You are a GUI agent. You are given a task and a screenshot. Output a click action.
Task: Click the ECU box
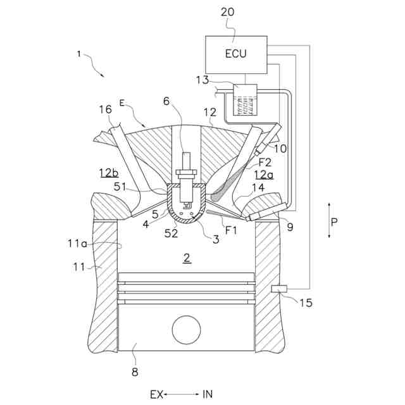[x=235, y=54]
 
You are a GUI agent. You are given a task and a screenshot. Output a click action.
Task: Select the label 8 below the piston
[x=134, y=371]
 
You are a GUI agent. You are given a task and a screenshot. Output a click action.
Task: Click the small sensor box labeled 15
[x=279, y=289]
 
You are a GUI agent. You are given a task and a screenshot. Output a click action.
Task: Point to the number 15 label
[x=306, y=302]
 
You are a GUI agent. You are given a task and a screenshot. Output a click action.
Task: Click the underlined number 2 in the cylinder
[x=186, y=258]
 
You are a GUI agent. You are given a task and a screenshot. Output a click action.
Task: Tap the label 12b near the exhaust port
[x=109, y=172]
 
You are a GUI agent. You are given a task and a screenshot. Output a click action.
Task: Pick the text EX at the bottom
[x=156, y=394]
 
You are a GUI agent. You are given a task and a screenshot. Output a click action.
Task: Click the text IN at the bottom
[x=208, y=394]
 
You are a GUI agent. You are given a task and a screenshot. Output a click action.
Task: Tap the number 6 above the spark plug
[x=166, y=101]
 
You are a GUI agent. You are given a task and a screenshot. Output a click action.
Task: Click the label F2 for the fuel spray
[x=265, y=162]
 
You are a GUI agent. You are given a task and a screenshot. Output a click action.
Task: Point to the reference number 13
[x=201, y=80]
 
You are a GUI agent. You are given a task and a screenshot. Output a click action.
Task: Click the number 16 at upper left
[x=104, y=109]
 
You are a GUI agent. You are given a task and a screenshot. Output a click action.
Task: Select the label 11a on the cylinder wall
[x=78, y=242]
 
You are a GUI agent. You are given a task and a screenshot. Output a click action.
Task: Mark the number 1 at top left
[x=78, y=54]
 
